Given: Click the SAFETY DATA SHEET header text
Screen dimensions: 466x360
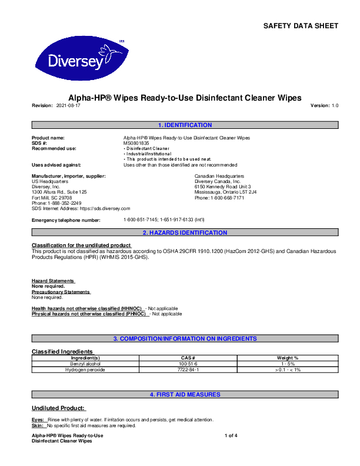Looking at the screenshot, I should (x=300, y=26).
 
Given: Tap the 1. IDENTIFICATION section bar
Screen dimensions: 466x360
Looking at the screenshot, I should (x=185, y=125).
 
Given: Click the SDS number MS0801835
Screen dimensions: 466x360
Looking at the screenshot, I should (x=136, y=143).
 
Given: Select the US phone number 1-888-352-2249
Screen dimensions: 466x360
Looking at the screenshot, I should (x=64, y=203).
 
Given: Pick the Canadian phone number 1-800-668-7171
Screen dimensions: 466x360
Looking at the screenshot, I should (x=227, y=198).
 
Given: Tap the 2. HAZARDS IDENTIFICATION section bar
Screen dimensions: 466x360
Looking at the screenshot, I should (x=185, y=233).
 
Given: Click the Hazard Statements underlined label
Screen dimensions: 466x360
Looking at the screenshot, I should (x=53, y=281).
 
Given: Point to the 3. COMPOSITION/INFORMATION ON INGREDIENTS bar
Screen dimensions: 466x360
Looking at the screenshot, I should (x=185, y=339).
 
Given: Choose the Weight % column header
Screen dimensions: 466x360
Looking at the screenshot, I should (x=287, y=358).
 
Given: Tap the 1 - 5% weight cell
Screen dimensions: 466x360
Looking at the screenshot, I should (x=287, y=364).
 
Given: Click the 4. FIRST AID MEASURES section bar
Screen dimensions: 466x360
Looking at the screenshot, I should (x=185, y=394).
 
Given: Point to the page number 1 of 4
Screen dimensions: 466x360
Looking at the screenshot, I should (x=231, y=435).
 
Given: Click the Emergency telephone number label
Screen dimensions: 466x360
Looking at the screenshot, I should (x=66, y=220).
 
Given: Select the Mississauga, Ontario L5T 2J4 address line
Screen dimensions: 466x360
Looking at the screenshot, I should (x=225, y=192).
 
